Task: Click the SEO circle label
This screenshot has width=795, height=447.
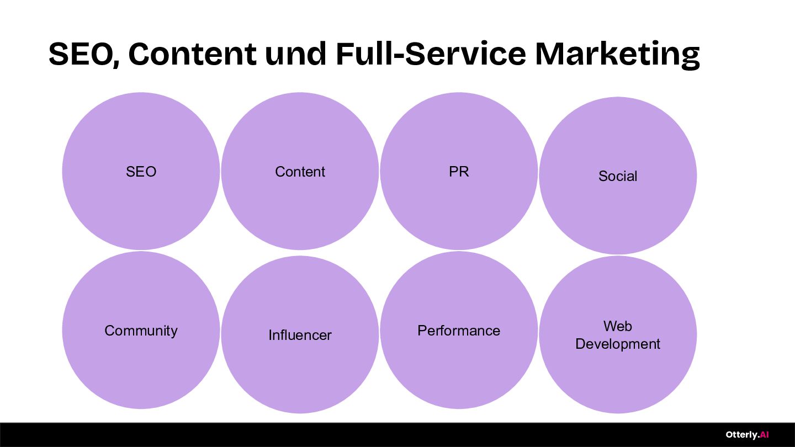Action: pyautogui.click(x=141, y=172)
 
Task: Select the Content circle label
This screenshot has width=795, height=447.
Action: pyautogui.click(x=300, y=172)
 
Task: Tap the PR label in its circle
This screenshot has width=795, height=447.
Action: pyautogui.click(x=459, y=172)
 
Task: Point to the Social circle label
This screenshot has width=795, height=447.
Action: pyautogui.click(x=618, y=176)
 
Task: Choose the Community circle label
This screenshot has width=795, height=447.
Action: pyautogui.click(x=141, y=331)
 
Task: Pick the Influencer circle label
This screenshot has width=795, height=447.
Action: pyautogui.click(x=300, y=335)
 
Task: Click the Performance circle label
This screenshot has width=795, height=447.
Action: pyautogui.click(x=459, y=331)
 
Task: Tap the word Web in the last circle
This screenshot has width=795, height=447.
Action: pyautogui.click(x=618, y=326)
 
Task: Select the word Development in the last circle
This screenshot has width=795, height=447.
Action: pyautogui.click(x=618, y=344)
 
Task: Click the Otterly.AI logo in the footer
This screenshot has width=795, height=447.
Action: pyautogui.click(x=747, y=435)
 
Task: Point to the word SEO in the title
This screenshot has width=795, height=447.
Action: pyautogui.click(x=81, y=54)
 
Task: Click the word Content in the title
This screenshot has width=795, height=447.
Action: pyautogui.click(x=192, y=54)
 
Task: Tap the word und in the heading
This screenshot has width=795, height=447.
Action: pyautogui.click(x=295, y=54)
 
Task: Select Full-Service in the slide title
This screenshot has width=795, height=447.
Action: pyautogui.click(x=431, y=54)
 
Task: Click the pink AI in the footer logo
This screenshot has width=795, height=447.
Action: pyautogui.click(x=764, y=434)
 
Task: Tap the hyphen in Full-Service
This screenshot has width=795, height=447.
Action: pyautogui.click(x=399, y=57)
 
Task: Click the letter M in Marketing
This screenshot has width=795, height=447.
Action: pyautogui.click(x=549, y=54)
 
